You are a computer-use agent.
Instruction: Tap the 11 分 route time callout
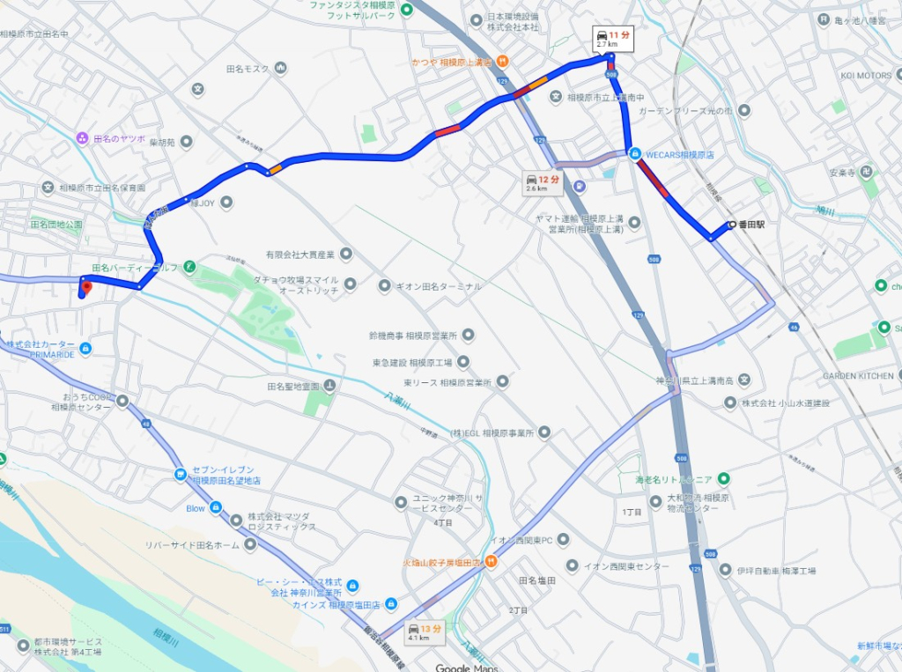[x=614, y=38]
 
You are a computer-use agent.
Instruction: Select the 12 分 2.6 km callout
[x=543, y=182]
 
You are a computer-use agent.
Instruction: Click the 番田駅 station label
[x=751, y=225]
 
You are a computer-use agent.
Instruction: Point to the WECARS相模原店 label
[x=679, y=153]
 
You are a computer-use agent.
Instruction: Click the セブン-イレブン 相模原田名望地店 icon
[x=180, y=474]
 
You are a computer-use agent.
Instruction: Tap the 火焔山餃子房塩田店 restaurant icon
[x=491, y=562]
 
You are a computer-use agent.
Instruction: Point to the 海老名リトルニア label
[x=674, y=480]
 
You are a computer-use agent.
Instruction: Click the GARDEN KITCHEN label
[x=858, y=375]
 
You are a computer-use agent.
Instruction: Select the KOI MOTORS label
[x=866, y=76]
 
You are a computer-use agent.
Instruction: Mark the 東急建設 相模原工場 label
[x=412, y=362]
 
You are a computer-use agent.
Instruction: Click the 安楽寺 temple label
[x=842, y=172]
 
